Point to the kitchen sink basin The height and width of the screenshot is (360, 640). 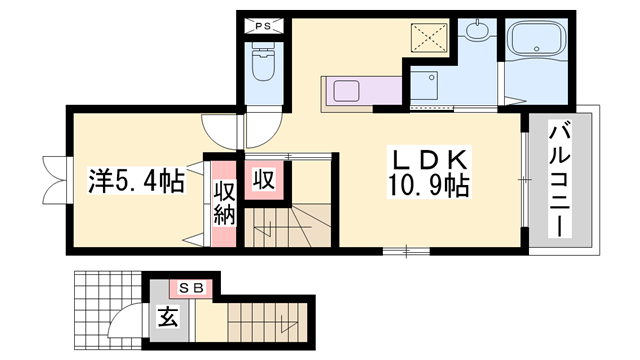point(350,93)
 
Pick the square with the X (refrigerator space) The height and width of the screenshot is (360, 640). point(432,39)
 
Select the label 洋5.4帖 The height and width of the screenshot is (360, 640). point(135,182)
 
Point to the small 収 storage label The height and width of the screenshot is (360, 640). point(264,180)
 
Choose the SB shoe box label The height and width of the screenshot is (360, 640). point(191,288)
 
